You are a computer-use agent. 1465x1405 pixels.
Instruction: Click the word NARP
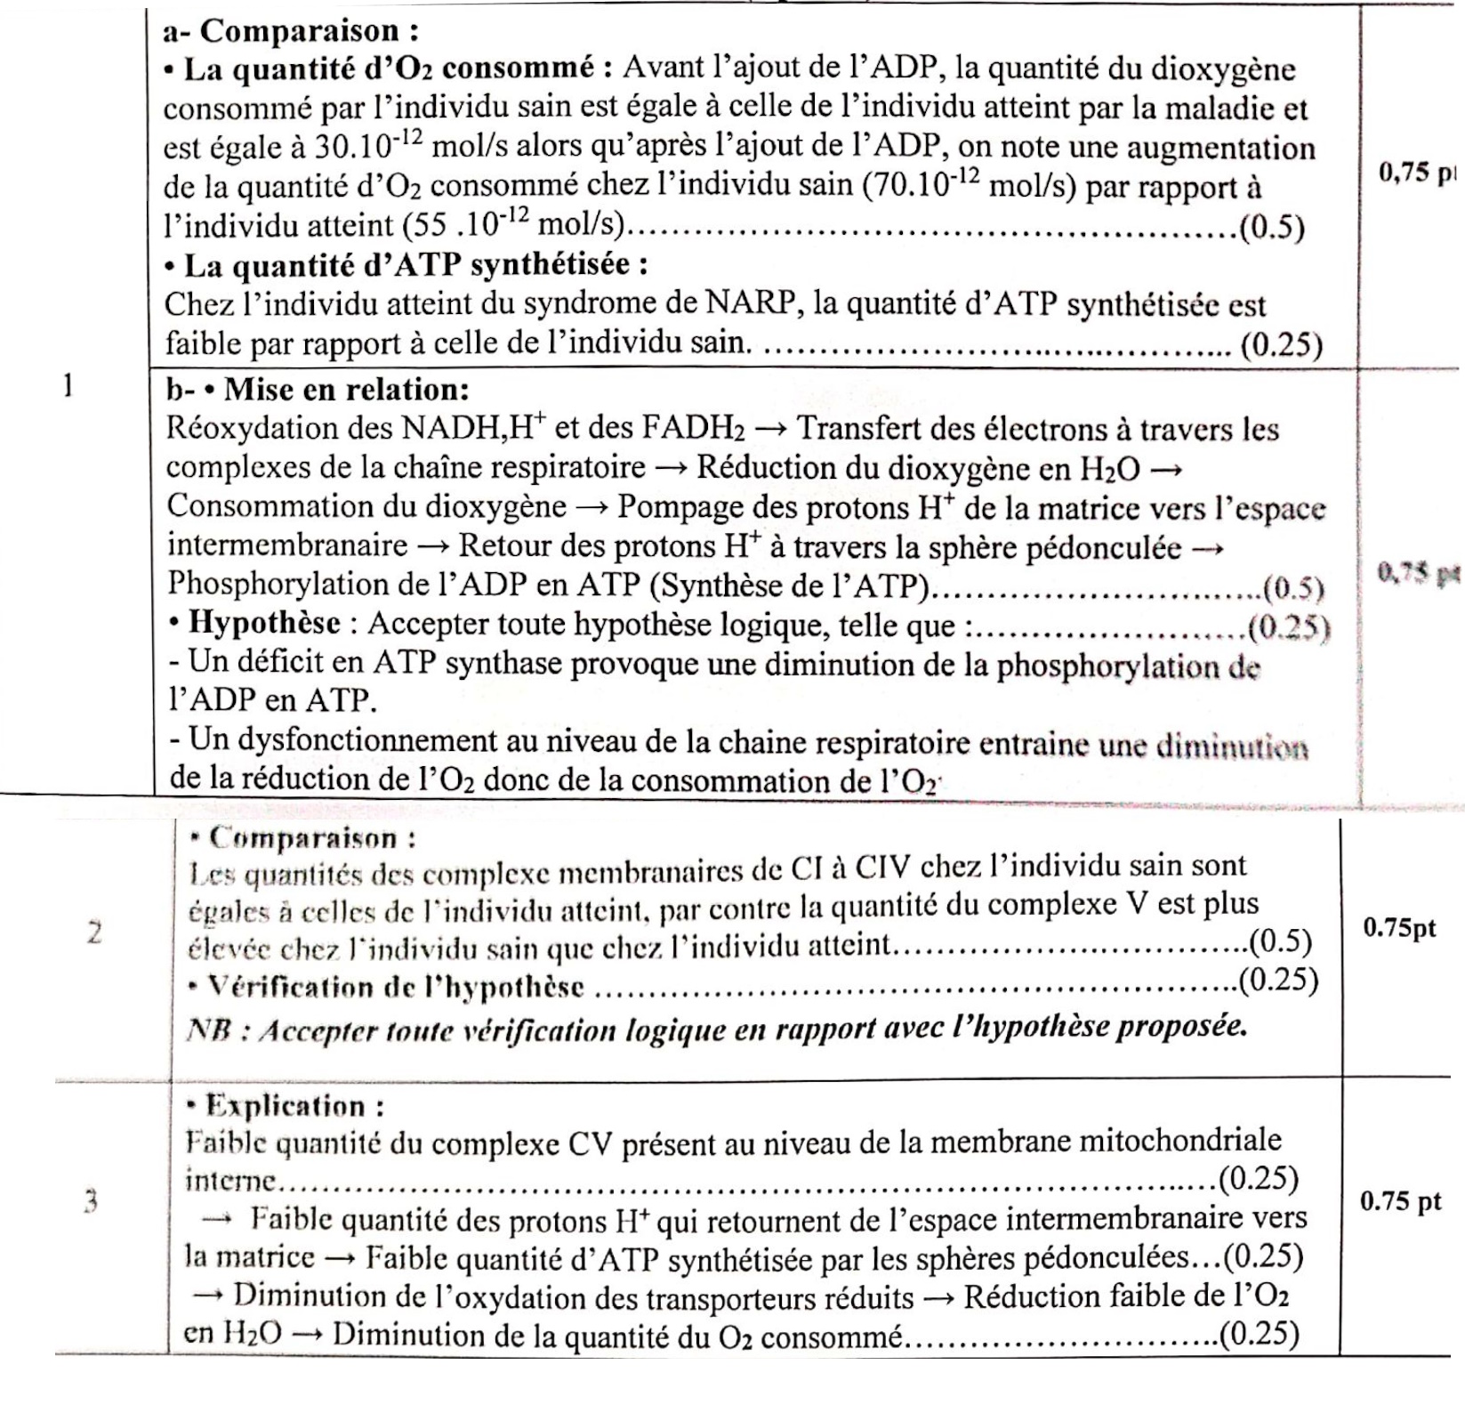pos(752,305)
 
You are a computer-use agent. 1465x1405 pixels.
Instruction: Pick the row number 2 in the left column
pos(94,933)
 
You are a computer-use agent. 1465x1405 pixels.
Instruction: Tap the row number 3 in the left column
pos(91,1202)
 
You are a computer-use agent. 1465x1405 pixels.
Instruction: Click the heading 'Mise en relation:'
pos(346,389)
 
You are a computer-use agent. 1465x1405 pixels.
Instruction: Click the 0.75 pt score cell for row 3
pos(1400,1200)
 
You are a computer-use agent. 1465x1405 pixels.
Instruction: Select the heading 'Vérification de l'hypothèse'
pos(395,987)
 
